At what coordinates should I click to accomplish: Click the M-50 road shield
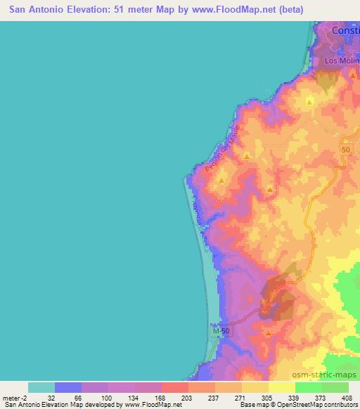[x=221, y=330]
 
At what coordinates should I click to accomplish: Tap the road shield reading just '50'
[x=345, y=150]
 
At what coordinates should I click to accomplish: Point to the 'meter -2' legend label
[x=15, y=397]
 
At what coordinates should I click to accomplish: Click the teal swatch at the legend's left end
[x=41, y=387]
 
